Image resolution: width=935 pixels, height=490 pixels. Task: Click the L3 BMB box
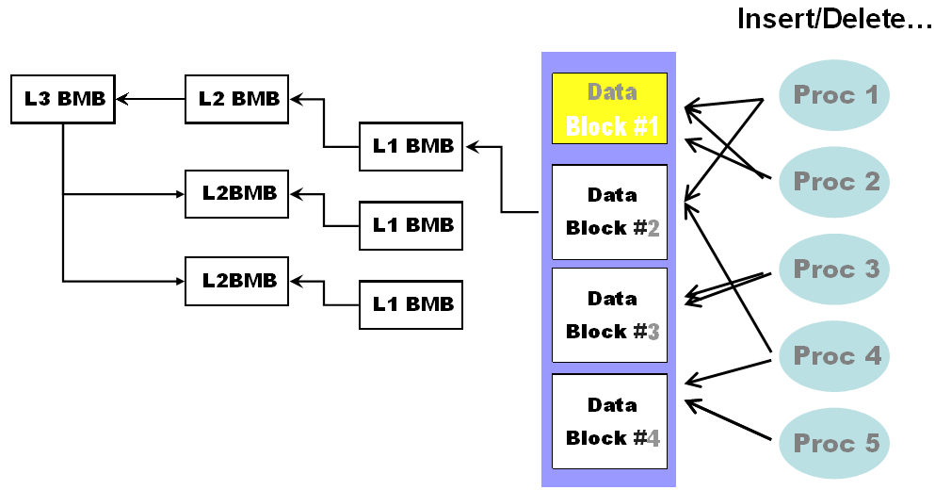(x=62, y=98)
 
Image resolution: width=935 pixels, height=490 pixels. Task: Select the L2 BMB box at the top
(x=237, y=98)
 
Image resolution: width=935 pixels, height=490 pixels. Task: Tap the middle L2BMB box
(x=237, y=194)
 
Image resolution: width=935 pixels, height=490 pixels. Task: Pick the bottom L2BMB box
(x=237, y=280)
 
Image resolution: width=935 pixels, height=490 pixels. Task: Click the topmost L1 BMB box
(x=411, y=146)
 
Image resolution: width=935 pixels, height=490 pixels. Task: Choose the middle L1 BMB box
(x=411, y=225)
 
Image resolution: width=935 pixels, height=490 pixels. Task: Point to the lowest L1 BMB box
(x=411, y=303)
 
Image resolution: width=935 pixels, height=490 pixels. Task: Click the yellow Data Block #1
(x=609, y=108)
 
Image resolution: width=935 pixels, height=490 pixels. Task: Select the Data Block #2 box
(x=609, y=212)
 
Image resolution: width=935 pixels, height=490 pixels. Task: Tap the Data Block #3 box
(x=609, y=315)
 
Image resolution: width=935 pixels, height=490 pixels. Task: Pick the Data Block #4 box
(x=609, y=421)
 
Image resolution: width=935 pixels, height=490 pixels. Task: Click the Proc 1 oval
(x=834, y=95)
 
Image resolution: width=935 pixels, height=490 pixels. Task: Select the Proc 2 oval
(x=834, y=182)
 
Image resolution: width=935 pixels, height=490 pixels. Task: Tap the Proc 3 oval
(x=834, y=269)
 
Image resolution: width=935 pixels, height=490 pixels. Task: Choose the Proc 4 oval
(x=834, y=356)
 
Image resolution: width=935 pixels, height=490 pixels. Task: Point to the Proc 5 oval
(x=834, y=443)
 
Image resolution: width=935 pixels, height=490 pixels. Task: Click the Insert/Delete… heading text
(x=834, y=20)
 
